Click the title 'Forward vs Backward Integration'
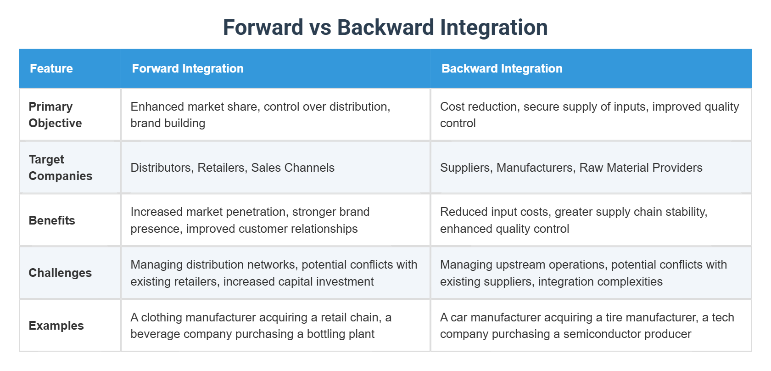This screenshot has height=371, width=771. [385, 28]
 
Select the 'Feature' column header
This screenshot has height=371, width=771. [51, 68]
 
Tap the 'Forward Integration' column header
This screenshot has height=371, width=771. [188, 68]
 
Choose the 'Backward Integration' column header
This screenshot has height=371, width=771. [502, 68]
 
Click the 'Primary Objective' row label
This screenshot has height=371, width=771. [55, 115]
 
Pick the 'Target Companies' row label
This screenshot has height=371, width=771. [60, 168]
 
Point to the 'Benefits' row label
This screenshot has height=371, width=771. [52, 220]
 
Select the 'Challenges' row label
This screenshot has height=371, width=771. [60, 273]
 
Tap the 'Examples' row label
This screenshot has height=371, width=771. [56, 326]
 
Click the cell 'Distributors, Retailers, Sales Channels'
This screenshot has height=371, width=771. [232, 168]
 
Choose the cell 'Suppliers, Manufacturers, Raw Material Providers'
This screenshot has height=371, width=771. [571, 168]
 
